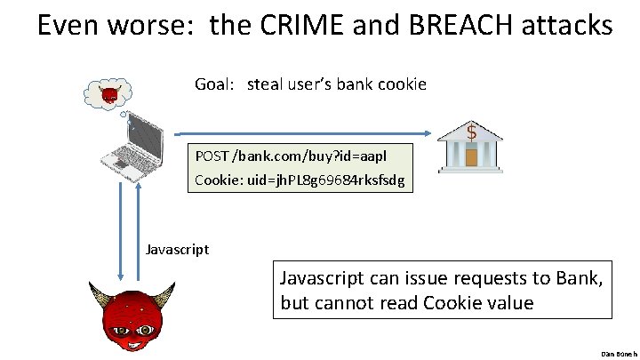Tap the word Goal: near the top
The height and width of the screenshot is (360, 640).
click(x=215, y=85)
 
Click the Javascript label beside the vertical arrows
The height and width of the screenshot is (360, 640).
click(x=177, y=249)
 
